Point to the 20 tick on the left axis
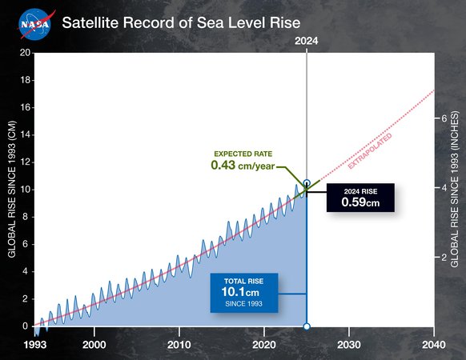coord(26,53)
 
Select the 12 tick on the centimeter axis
coord(26,162)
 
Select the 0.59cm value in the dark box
coord(360,203)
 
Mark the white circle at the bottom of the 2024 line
coord(307,326)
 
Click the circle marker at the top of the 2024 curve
coord(307,183)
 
